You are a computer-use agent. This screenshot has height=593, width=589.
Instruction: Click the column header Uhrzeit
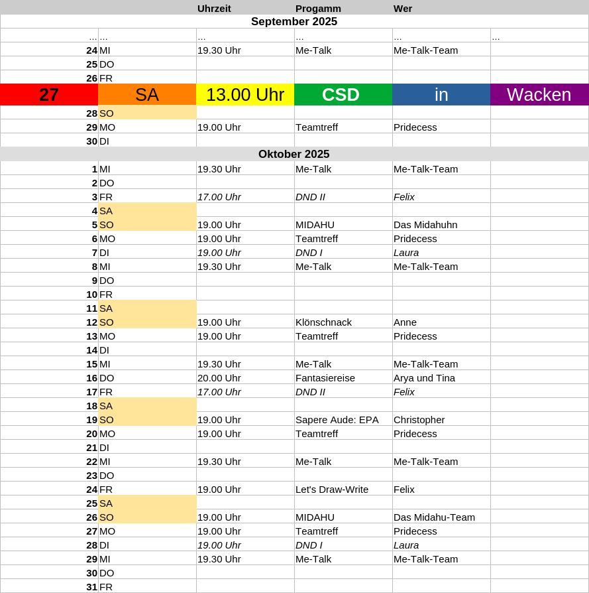tap(214, 9)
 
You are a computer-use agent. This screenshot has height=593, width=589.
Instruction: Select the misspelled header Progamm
tap(318, 9)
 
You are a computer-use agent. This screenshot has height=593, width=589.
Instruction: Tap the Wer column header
tap(403, 9)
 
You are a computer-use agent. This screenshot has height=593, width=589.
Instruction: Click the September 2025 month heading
tap(294, 22)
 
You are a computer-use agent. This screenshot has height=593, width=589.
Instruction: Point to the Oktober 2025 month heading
tap(294, 155)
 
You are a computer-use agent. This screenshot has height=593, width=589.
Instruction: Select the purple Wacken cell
tap(539, 95)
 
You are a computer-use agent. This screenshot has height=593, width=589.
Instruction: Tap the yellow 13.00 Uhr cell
tap(245, 95)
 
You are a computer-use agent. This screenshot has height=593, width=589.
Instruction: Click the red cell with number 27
tap(49, 95)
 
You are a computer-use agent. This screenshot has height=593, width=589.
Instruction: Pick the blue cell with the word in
tap(441, 95)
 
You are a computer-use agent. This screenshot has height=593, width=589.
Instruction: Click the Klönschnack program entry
tap(323, 322)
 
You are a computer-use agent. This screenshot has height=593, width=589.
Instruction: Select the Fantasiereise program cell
tap(325, 378)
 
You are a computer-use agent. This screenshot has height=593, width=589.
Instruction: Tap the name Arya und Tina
tap(424, 378)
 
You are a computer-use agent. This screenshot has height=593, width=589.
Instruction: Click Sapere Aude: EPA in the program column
tap(337, 420)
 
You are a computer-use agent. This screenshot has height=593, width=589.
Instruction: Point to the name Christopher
tap(419, 420)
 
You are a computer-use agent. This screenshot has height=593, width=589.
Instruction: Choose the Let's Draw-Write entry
tap(331, 490)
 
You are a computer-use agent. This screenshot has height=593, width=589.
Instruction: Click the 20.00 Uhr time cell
tap(219, 378)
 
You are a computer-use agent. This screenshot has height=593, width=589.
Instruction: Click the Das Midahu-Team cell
tap(434, 517)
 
